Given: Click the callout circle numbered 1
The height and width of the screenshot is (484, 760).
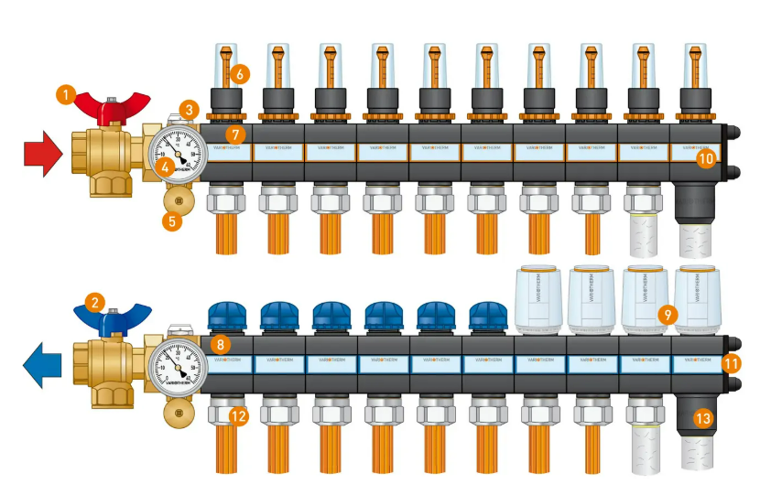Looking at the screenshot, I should coord(65,93).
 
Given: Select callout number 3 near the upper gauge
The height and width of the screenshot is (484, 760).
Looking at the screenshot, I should coord(190,110).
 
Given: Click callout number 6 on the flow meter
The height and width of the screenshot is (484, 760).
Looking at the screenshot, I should coord(240,73).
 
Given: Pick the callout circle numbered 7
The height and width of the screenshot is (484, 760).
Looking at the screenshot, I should coord(235,134).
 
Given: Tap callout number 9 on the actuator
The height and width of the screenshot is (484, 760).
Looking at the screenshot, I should coord(668,314).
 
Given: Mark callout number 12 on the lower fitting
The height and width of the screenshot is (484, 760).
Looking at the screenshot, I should coord(239,416).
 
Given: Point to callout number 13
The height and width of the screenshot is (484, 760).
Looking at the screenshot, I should coord(702,419).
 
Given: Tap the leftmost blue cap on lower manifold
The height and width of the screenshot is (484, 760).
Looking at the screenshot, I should coord(225,316).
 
